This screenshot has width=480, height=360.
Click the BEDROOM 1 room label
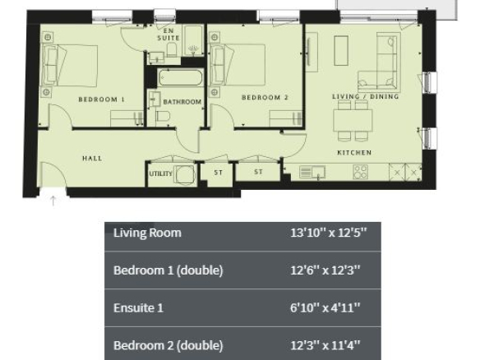point(102,99)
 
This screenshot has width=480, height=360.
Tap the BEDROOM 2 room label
point(265,97)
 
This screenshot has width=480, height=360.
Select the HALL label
point(92,159)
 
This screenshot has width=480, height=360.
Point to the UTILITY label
point(161,173)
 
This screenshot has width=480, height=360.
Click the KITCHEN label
point(354,152)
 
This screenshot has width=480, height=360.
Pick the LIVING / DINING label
point(366,96)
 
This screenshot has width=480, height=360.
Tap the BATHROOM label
point(182,102)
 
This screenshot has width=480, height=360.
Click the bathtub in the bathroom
point(181,78)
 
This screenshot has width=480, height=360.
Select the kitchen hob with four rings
point(360,172)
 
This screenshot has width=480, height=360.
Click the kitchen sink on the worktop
point(312,172)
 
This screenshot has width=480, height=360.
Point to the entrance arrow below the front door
point(53,201)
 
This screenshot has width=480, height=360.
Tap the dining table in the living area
point(353,120)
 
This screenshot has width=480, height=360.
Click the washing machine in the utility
point(185,175)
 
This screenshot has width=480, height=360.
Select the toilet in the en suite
point(172,49)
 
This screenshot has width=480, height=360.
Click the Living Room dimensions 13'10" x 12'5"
point(328,233)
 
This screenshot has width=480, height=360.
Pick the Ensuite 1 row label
point(138,307)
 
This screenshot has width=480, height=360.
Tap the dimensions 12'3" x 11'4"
point(325,345)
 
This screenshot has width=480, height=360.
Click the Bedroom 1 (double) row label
point(168,270)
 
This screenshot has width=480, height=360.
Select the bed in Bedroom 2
point(238,65)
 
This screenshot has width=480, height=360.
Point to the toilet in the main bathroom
point(163,117)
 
